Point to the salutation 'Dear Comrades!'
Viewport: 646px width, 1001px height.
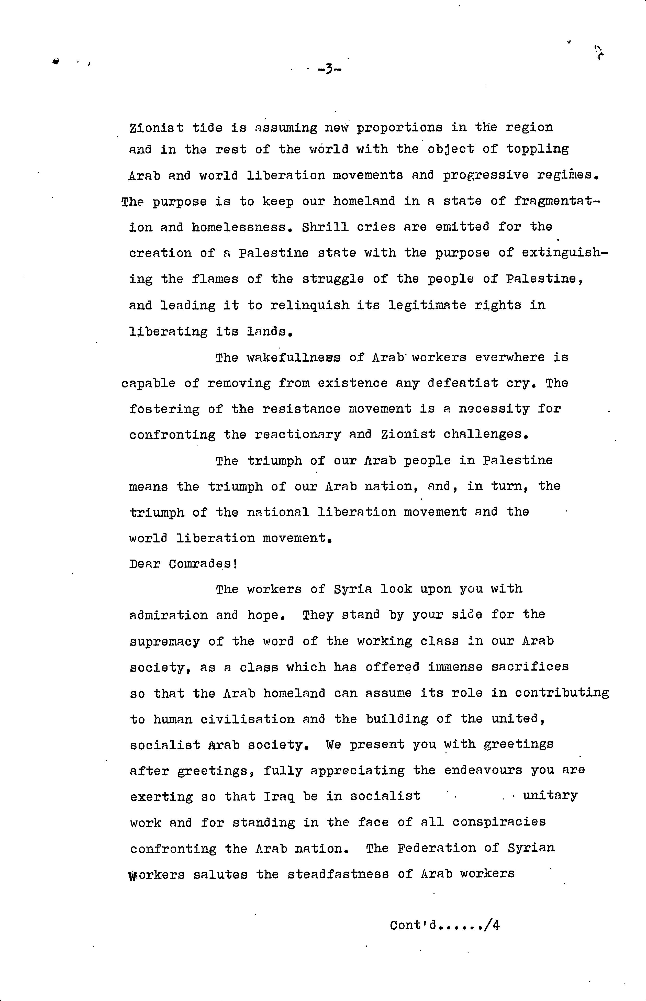(x=184, y=564)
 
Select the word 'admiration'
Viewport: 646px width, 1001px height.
(x=169, y=615)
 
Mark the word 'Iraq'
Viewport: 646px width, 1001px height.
(x=279, y=796)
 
